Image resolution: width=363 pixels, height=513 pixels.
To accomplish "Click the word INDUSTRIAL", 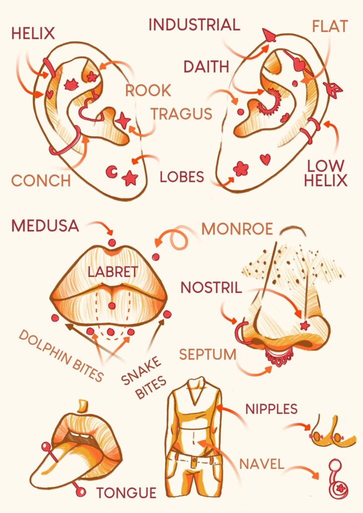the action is coord(195,25).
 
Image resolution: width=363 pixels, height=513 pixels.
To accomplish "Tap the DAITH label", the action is coord(206,67).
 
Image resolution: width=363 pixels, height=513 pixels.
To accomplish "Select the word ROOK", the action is coord(148,90).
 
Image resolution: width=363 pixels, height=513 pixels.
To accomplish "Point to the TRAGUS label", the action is coord(181,114).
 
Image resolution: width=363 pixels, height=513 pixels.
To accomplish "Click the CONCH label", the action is coord(41,180).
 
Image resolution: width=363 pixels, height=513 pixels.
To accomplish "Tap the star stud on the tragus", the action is coord(123,120).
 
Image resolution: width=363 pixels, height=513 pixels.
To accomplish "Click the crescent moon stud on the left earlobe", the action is coord(112,171).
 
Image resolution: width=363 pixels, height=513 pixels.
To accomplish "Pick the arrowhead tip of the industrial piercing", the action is coord(264,30).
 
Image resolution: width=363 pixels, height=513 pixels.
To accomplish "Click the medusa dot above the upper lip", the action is coord(112,242).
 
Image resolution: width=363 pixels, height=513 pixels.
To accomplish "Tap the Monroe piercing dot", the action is coord(156,257).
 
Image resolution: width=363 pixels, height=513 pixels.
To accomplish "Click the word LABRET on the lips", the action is coord(113,272).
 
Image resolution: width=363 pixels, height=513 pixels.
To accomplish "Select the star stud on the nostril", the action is coord(305,325).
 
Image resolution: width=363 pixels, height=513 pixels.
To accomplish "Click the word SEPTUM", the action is coord(208,354).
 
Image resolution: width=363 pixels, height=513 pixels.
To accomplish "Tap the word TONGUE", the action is coord(126,493).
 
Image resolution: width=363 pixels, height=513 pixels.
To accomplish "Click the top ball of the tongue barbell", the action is coord(46,446).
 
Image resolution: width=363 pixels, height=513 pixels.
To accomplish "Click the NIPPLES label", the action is coord(271,409).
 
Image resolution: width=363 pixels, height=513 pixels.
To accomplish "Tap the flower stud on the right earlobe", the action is coord(241,168).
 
